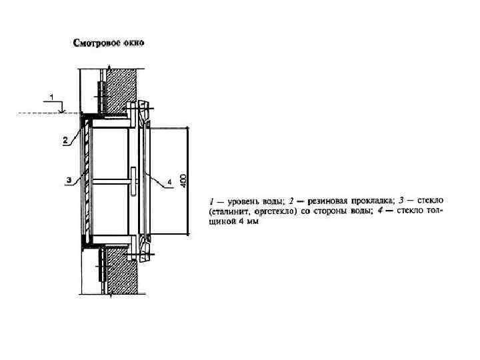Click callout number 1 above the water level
tap(53, 97)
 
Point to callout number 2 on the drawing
tap(65, 140)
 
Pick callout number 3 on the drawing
tap(69, 180)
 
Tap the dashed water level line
tap(40, 114)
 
